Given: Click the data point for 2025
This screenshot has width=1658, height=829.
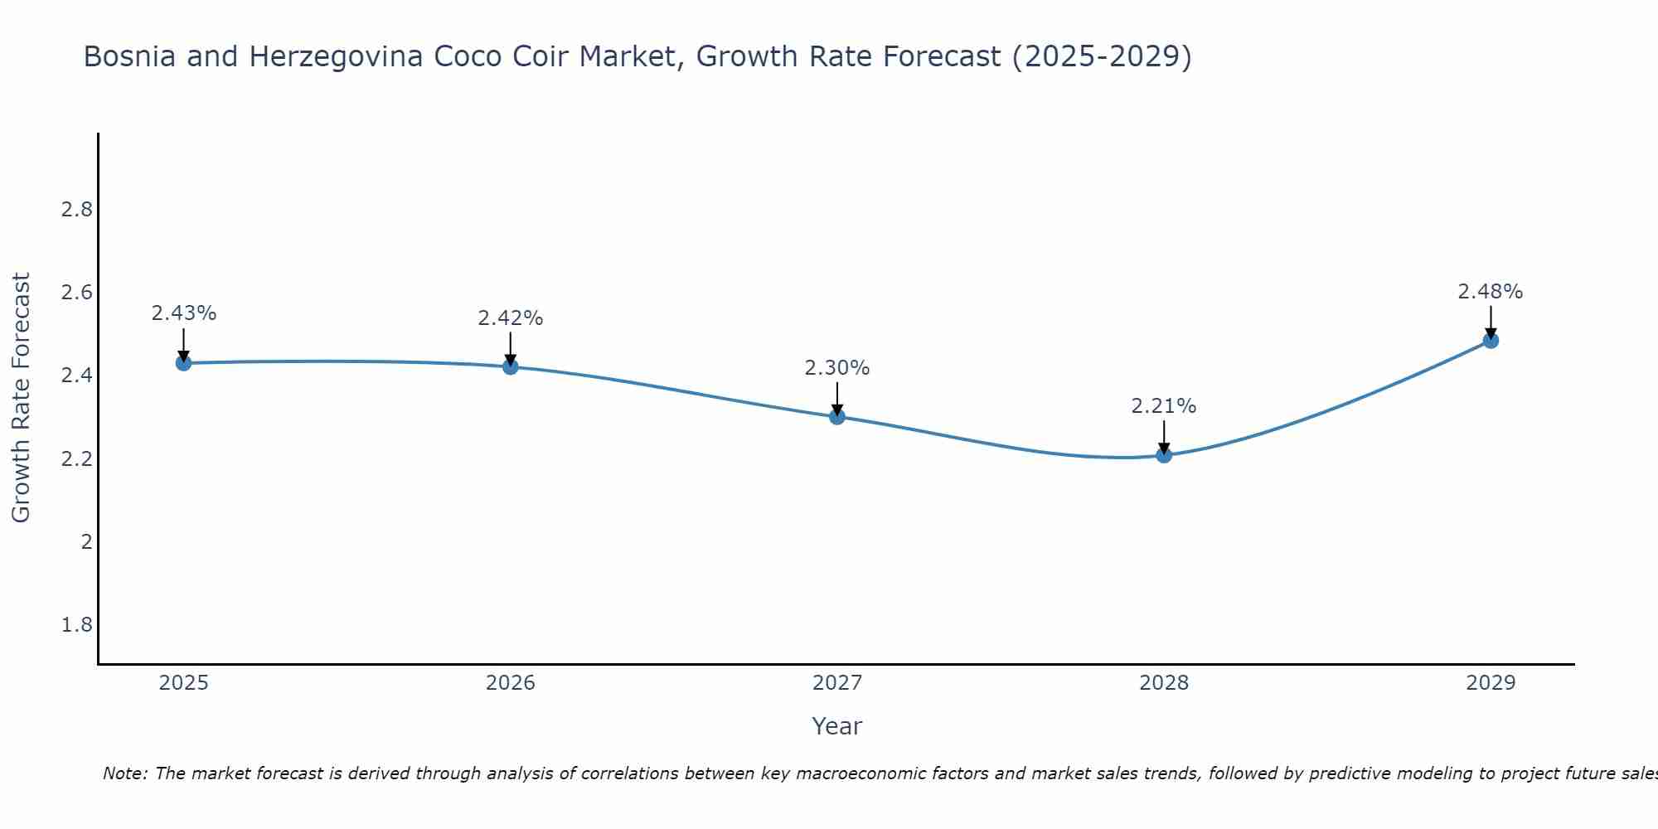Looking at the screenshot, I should [183, 363].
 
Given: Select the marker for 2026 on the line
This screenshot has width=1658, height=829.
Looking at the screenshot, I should [510, 366].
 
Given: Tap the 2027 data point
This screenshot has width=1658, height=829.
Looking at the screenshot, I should [837, 417].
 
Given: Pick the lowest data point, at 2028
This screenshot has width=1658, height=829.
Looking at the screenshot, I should [1164, 454].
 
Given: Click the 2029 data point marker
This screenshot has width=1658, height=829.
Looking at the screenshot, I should [1491, 341].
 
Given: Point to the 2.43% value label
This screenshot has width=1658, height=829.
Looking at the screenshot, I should [184, 313].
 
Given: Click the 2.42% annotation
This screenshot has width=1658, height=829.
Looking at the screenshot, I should [511, 318].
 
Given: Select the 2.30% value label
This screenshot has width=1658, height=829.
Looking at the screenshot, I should [837, 368].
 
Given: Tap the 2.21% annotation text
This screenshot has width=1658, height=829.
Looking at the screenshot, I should [1164, 406].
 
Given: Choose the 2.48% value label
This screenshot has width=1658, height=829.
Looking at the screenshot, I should [1491, 292].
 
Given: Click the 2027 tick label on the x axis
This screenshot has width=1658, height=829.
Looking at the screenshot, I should [837, 683].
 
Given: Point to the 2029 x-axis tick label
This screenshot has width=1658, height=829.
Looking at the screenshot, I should [1491, 683].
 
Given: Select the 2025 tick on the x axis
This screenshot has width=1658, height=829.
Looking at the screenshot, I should [184, 683].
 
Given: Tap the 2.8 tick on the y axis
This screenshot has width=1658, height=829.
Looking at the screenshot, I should [77, 210].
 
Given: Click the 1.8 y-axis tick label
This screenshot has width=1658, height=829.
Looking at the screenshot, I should [77, 625].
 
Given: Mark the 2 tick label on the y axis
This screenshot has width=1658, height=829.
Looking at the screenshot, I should [86, 542].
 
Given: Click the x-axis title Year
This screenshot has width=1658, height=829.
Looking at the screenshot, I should [837, 726].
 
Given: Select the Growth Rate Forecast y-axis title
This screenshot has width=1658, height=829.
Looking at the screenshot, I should [22, 398].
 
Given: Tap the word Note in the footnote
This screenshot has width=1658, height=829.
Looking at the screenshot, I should [125, 773].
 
